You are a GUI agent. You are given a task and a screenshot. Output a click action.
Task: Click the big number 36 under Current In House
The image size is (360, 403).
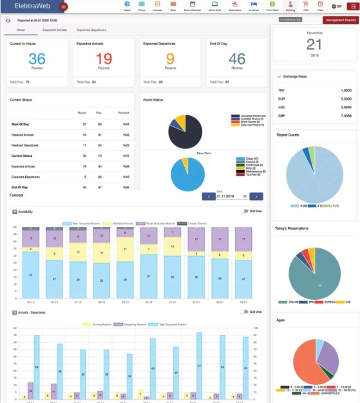37,59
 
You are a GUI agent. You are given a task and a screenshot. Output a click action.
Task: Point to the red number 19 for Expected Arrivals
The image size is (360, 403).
103,59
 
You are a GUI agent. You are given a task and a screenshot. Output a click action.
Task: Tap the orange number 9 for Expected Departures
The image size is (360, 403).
170,59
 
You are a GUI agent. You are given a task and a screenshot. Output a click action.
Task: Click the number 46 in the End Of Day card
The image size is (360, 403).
236,59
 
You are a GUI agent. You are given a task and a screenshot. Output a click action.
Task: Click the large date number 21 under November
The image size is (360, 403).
314,44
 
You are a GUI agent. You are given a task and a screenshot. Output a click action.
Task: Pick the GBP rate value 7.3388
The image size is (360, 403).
345,115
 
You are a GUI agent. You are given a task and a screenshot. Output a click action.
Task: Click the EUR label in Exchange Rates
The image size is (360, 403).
281,99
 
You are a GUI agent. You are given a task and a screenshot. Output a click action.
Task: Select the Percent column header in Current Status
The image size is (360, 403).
124,112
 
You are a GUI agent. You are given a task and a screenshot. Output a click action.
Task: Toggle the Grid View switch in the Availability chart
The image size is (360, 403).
244,211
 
